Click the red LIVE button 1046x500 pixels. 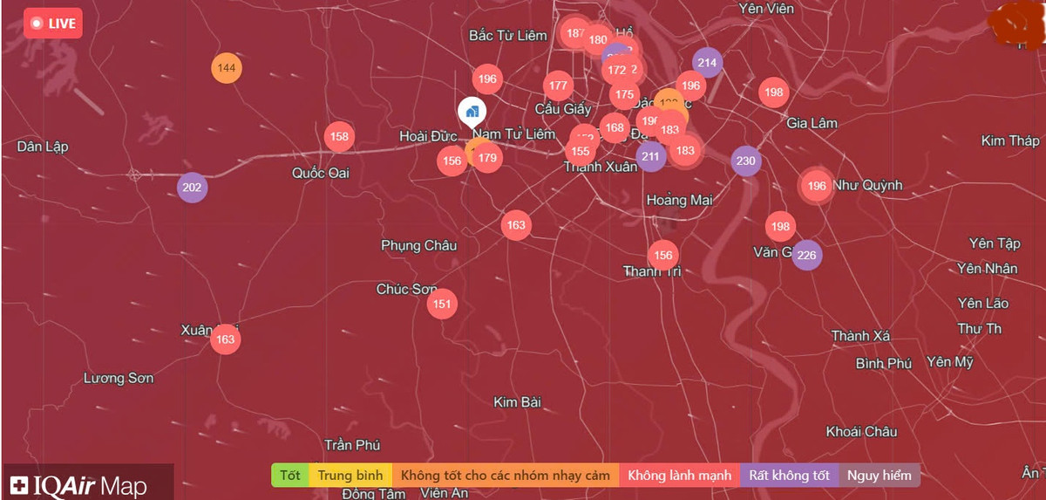[53, 24]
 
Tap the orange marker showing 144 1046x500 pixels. [227, 68]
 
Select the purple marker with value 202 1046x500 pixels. [192, 188]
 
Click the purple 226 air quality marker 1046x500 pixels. [806, 255]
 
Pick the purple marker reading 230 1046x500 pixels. [745, 161]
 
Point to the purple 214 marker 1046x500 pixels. [707, 62]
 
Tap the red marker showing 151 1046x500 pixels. [443, 304]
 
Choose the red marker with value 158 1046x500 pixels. [339, 136]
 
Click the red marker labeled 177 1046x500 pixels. [558, 86]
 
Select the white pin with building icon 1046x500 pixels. [472, 112]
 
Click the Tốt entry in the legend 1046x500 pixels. [290, 476]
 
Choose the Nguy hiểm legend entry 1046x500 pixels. [880, 476]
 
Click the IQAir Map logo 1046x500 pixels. [78, 485]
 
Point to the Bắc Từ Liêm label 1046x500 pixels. [508, 35]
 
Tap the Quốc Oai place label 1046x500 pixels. [321, 173]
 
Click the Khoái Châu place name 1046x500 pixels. [861, 431]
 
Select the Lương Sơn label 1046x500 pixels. [119, 378]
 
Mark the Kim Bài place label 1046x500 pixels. [518, 402]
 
